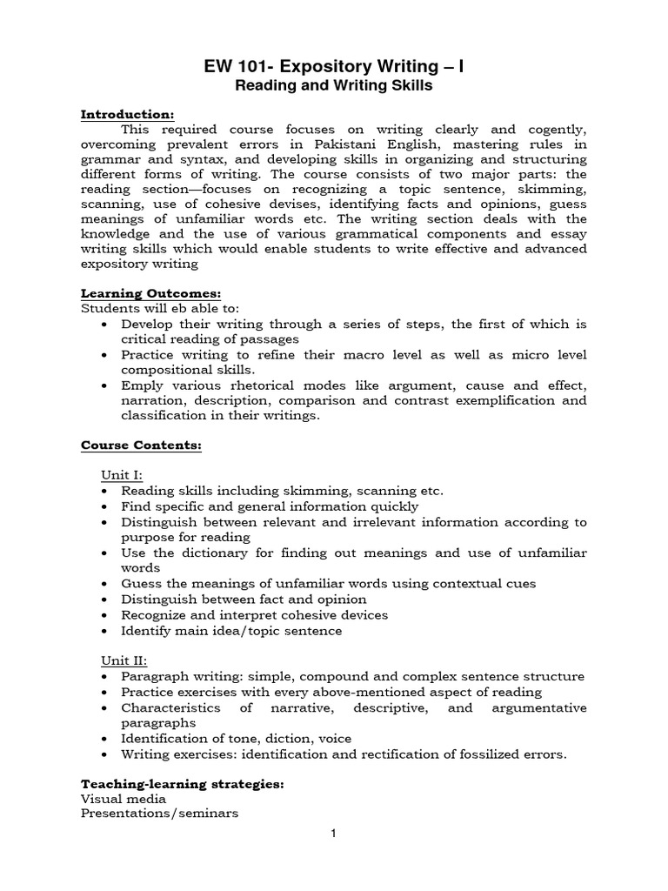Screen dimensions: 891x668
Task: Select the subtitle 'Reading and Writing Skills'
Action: coord(334,86)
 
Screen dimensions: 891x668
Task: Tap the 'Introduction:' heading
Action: coord(128,114)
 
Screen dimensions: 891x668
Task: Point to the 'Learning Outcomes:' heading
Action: coord(150,293)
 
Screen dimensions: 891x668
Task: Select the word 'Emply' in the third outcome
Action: coord(143,385)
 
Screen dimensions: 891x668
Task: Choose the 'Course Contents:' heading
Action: coord(141,445)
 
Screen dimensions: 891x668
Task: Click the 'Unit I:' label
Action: coord(123,475)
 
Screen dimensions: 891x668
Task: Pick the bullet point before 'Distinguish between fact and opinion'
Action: coord(105,600)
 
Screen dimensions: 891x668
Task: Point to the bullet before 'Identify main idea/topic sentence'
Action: coord(105,631)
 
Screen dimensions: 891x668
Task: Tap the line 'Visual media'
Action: coord(124,799)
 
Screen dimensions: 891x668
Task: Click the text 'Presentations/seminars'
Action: coord(160,814)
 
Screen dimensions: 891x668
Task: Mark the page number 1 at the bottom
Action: coord(333,858)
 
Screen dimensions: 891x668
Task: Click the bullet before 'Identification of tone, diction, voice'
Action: coord(105,739)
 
